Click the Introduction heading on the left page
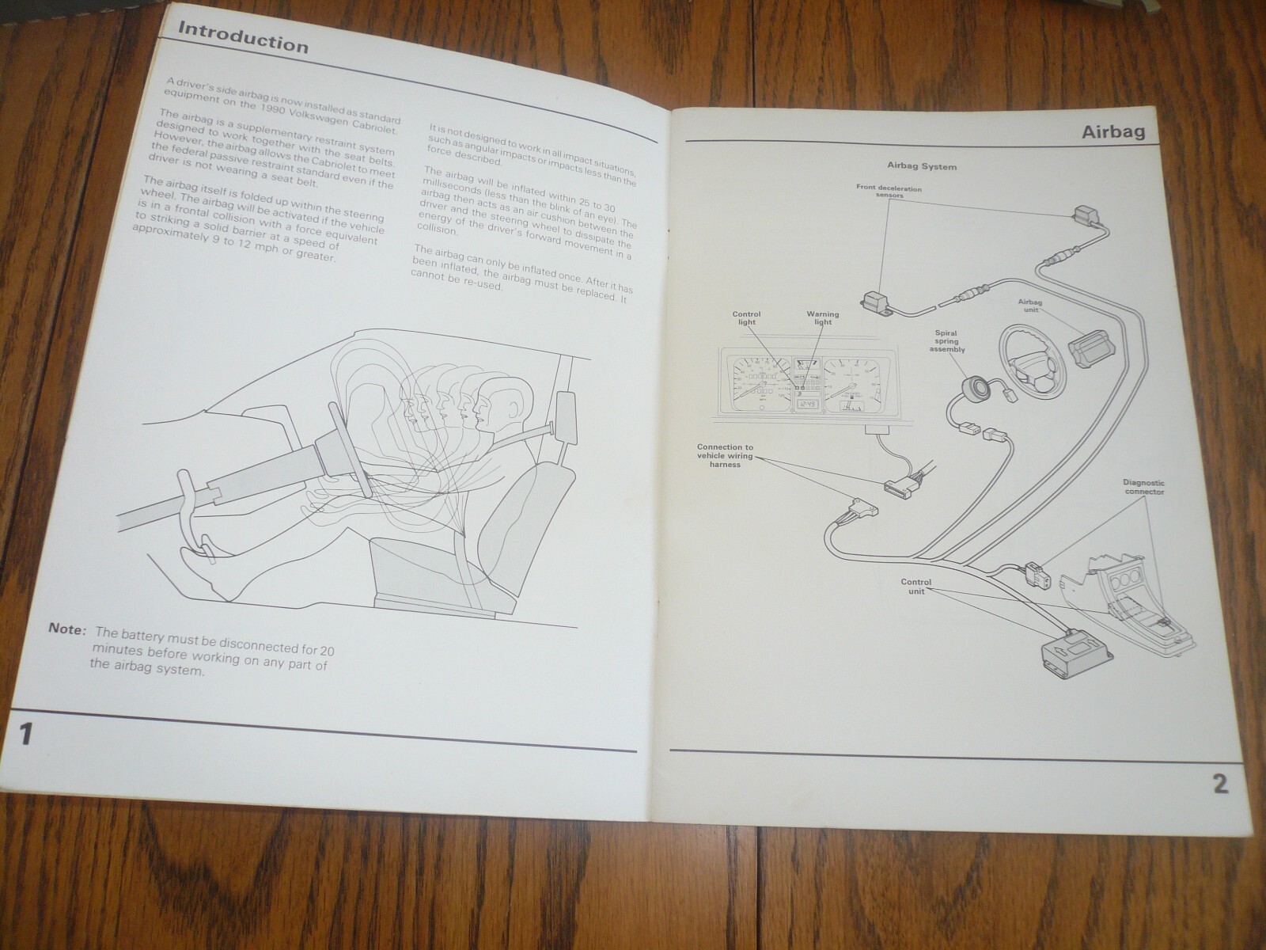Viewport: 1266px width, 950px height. point(243,37)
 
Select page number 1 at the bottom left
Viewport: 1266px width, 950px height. point(25,735)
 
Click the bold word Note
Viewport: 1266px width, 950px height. point(66,629)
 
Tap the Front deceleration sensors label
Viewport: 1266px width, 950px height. point(889,192)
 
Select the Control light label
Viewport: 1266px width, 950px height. point(745,318)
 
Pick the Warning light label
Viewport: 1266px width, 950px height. point(822,318)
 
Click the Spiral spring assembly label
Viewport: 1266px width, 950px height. point(947,341)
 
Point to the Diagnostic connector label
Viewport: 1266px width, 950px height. point(1143,487)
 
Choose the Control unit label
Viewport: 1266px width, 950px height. point(916,587)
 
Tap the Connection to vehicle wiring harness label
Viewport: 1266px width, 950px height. point(725,456)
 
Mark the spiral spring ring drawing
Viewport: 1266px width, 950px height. point(972,388)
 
